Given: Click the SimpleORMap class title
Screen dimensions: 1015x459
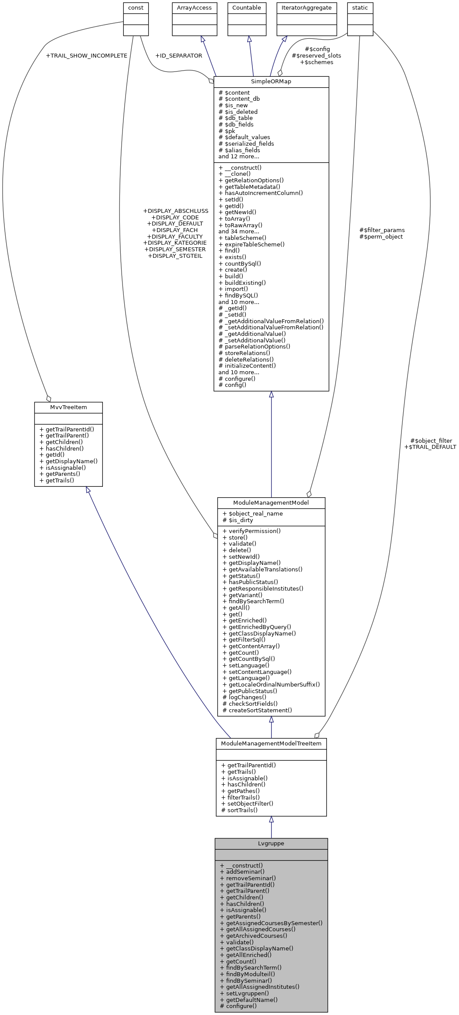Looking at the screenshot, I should point(271,82).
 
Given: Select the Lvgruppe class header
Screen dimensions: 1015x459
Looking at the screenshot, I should point(271,843).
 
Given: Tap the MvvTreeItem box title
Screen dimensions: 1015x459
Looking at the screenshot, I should point(68,407).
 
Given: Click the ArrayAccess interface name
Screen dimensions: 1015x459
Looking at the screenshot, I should point(194,8).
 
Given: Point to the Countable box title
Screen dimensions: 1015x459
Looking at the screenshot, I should point(246,8).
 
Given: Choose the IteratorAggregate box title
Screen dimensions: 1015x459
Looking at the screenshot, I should point(306,8).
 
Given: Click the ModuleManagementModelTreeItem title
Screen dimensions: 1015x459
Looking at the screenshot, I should point(271,743).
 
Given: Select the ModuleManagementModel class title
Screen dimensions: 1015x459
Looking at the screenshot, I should point(271,502).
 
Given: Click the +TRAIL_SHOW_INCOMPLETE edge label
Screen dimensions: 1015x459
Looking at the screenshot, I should point(86,56).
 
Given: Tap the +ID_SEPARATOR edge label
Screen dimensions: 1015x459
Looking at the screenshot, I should point(178,56).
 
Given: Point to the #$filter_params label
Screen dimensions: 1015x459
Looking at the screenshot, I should point(381,230).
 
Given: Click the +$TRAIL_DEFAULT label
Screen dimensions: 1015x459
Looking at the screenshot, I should point(430,447).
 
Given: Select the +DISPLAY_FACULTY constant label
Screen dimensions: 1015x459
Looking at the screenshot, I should point(174,236).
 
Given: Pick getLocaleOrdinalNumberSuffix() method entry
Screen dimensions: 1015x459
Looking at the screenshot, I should point(274,684).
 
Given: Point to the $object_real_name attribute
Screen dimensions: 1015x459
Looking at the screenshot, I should point(255,513).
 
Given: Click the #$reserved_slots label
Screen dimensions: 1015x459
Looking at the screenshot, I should point(316,56).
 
